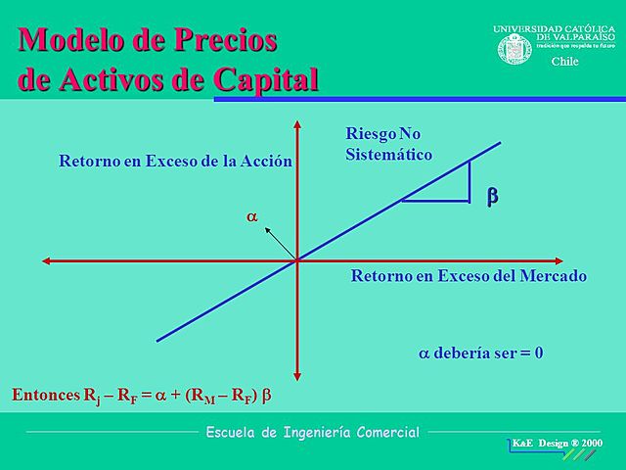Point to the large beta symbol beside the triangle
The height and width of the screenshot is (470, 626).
click(492, 196)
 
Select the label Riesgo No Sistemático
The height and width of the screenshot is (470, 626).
click(389, 144)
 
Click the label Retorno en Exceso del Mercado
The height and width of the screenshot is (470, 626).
click(469, 276)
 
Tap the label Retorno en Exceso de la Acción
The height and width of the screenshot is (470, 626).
click(176, 162)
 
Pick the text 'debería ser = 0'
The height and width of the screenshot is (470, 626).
click(481, 352)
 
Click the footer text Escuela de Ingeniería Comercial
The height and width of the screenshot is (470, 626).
click(312, 432)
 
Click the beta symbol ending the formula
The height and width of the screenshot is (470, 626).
click(266, 398)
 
